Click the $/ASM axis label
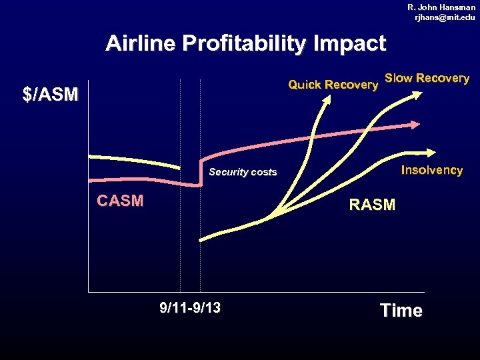50,95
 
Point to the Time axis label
401,311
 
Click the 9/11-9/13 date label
191,308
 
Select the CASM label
120,201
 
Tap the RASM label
372,205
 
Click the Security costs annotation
243,172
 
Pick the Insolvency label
431,170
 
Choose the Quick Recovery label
333,85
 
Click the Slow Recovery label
427,78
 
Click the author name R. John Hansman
441,7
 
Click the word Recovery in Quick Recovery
353,85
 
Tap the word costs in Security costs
263,172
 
